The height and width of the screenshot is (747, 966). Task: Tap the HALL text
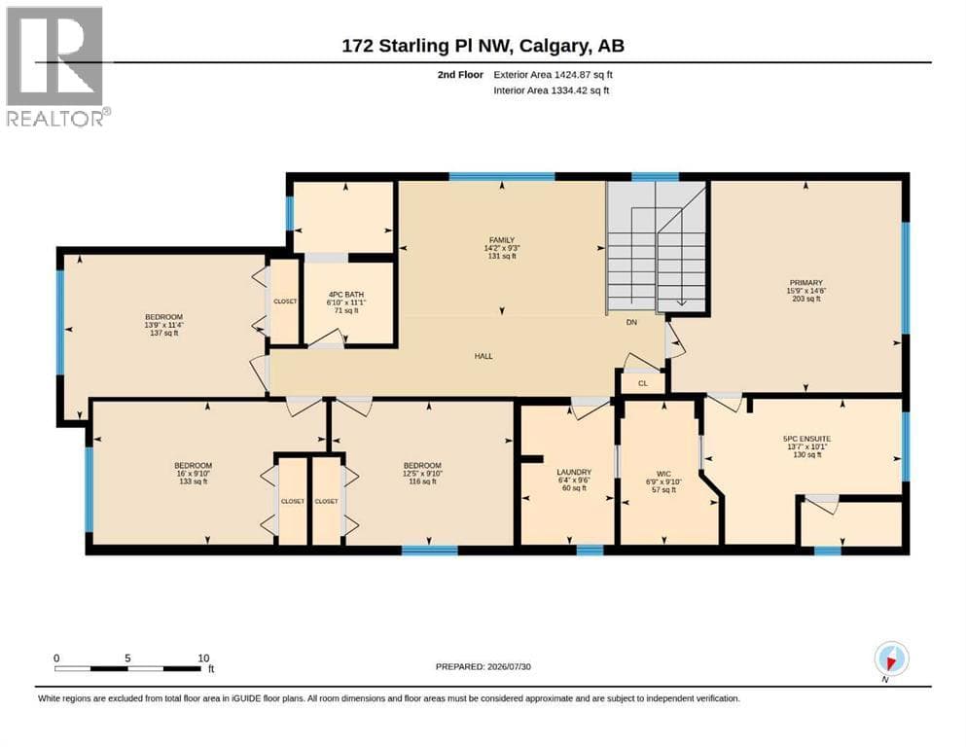coord(483,356)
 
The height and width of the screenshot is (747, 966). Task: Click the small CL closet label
coord(643,383)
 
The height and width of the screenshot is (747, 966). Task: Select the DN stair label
coord(631,322)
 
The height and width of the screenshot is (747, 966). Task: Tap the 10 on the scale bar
coord(203,658)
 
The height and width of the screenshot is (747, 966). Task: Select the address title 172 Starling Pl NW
coord(429,46)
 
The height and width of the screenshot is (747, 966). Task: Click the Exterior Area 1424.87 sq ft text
coord(553,75)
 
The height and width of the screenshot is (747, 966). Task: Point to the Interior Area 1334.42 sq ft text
coord(552,90)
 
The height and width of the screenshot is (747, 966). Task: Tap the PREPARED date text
coord(483,666)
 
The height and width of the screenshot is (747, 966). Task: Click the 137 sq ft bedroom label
coord(163,334)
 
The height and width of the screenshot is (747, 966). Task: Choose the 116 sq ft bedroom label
coord(422,481)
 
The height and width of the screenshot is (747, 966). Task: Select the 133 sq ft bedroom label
coord(193,481)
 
